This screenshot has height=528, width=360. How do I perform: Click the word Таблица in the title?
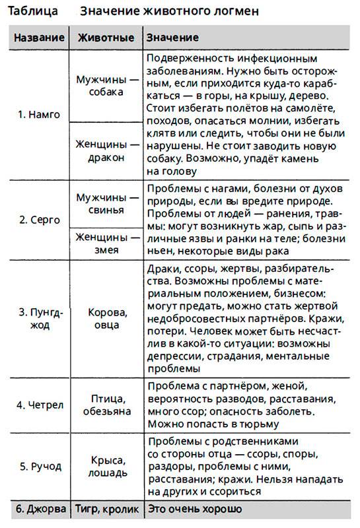point(31,11)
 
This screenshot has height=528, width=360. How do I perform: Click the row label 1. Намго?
point(39,114)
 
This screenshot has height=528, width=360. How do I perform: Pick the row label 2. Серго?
point(39,219)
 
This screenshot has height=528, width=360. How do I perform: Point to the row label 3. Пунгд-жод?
point(39,318)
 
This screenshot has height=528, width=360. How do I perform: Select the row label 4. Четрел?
point(39,405)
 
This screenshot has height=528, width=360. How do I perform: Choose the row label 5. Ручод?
point(39,466)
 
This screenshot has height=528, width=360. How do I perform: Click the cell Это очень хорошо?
point(194,509)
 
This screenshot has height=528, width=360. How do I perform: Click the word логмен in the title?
point(232,11)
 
